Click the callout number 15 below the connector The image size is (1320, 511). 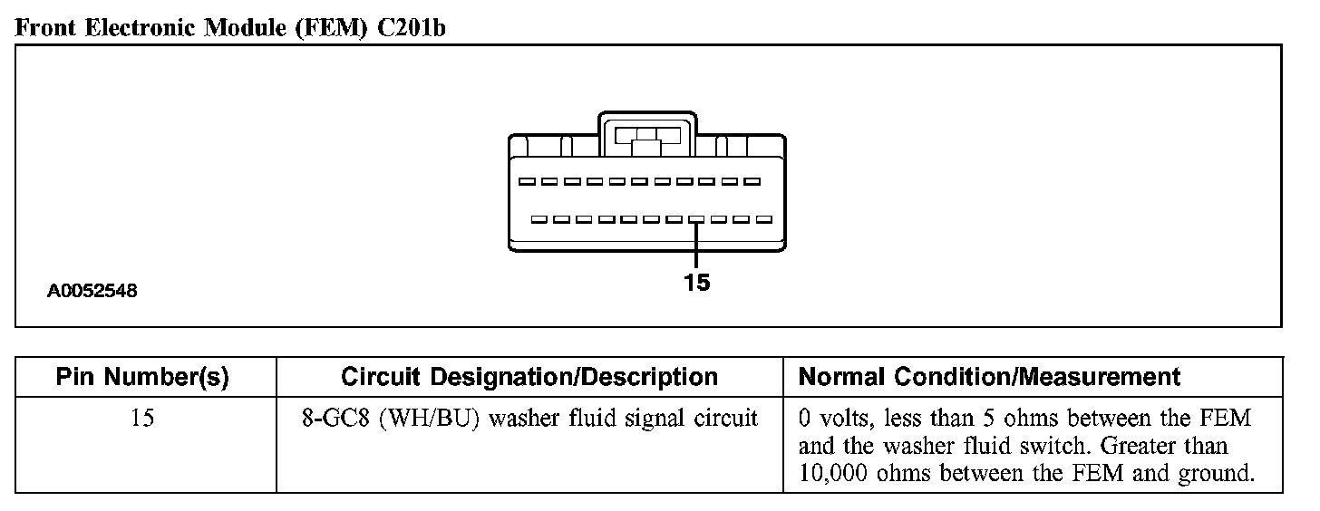[696, 283]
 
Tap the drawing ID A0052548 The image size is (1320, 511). [92, 292]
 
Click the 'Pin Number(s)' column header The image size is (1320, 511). [143, 377]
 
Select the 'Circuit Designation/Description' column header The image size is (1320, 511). [529, 377]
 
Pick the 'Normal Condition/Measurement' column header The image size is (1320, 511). [990, 377]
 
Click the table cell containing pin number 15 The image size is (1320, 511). [143, 420]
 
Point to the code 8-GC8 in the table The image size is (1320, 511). [334, 420]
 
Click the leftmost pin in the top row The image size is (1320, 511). [525, 182]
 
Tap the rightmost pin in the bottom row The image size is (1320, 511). [764, 219]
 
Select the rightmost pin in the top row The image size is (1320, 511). [752, 182]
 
